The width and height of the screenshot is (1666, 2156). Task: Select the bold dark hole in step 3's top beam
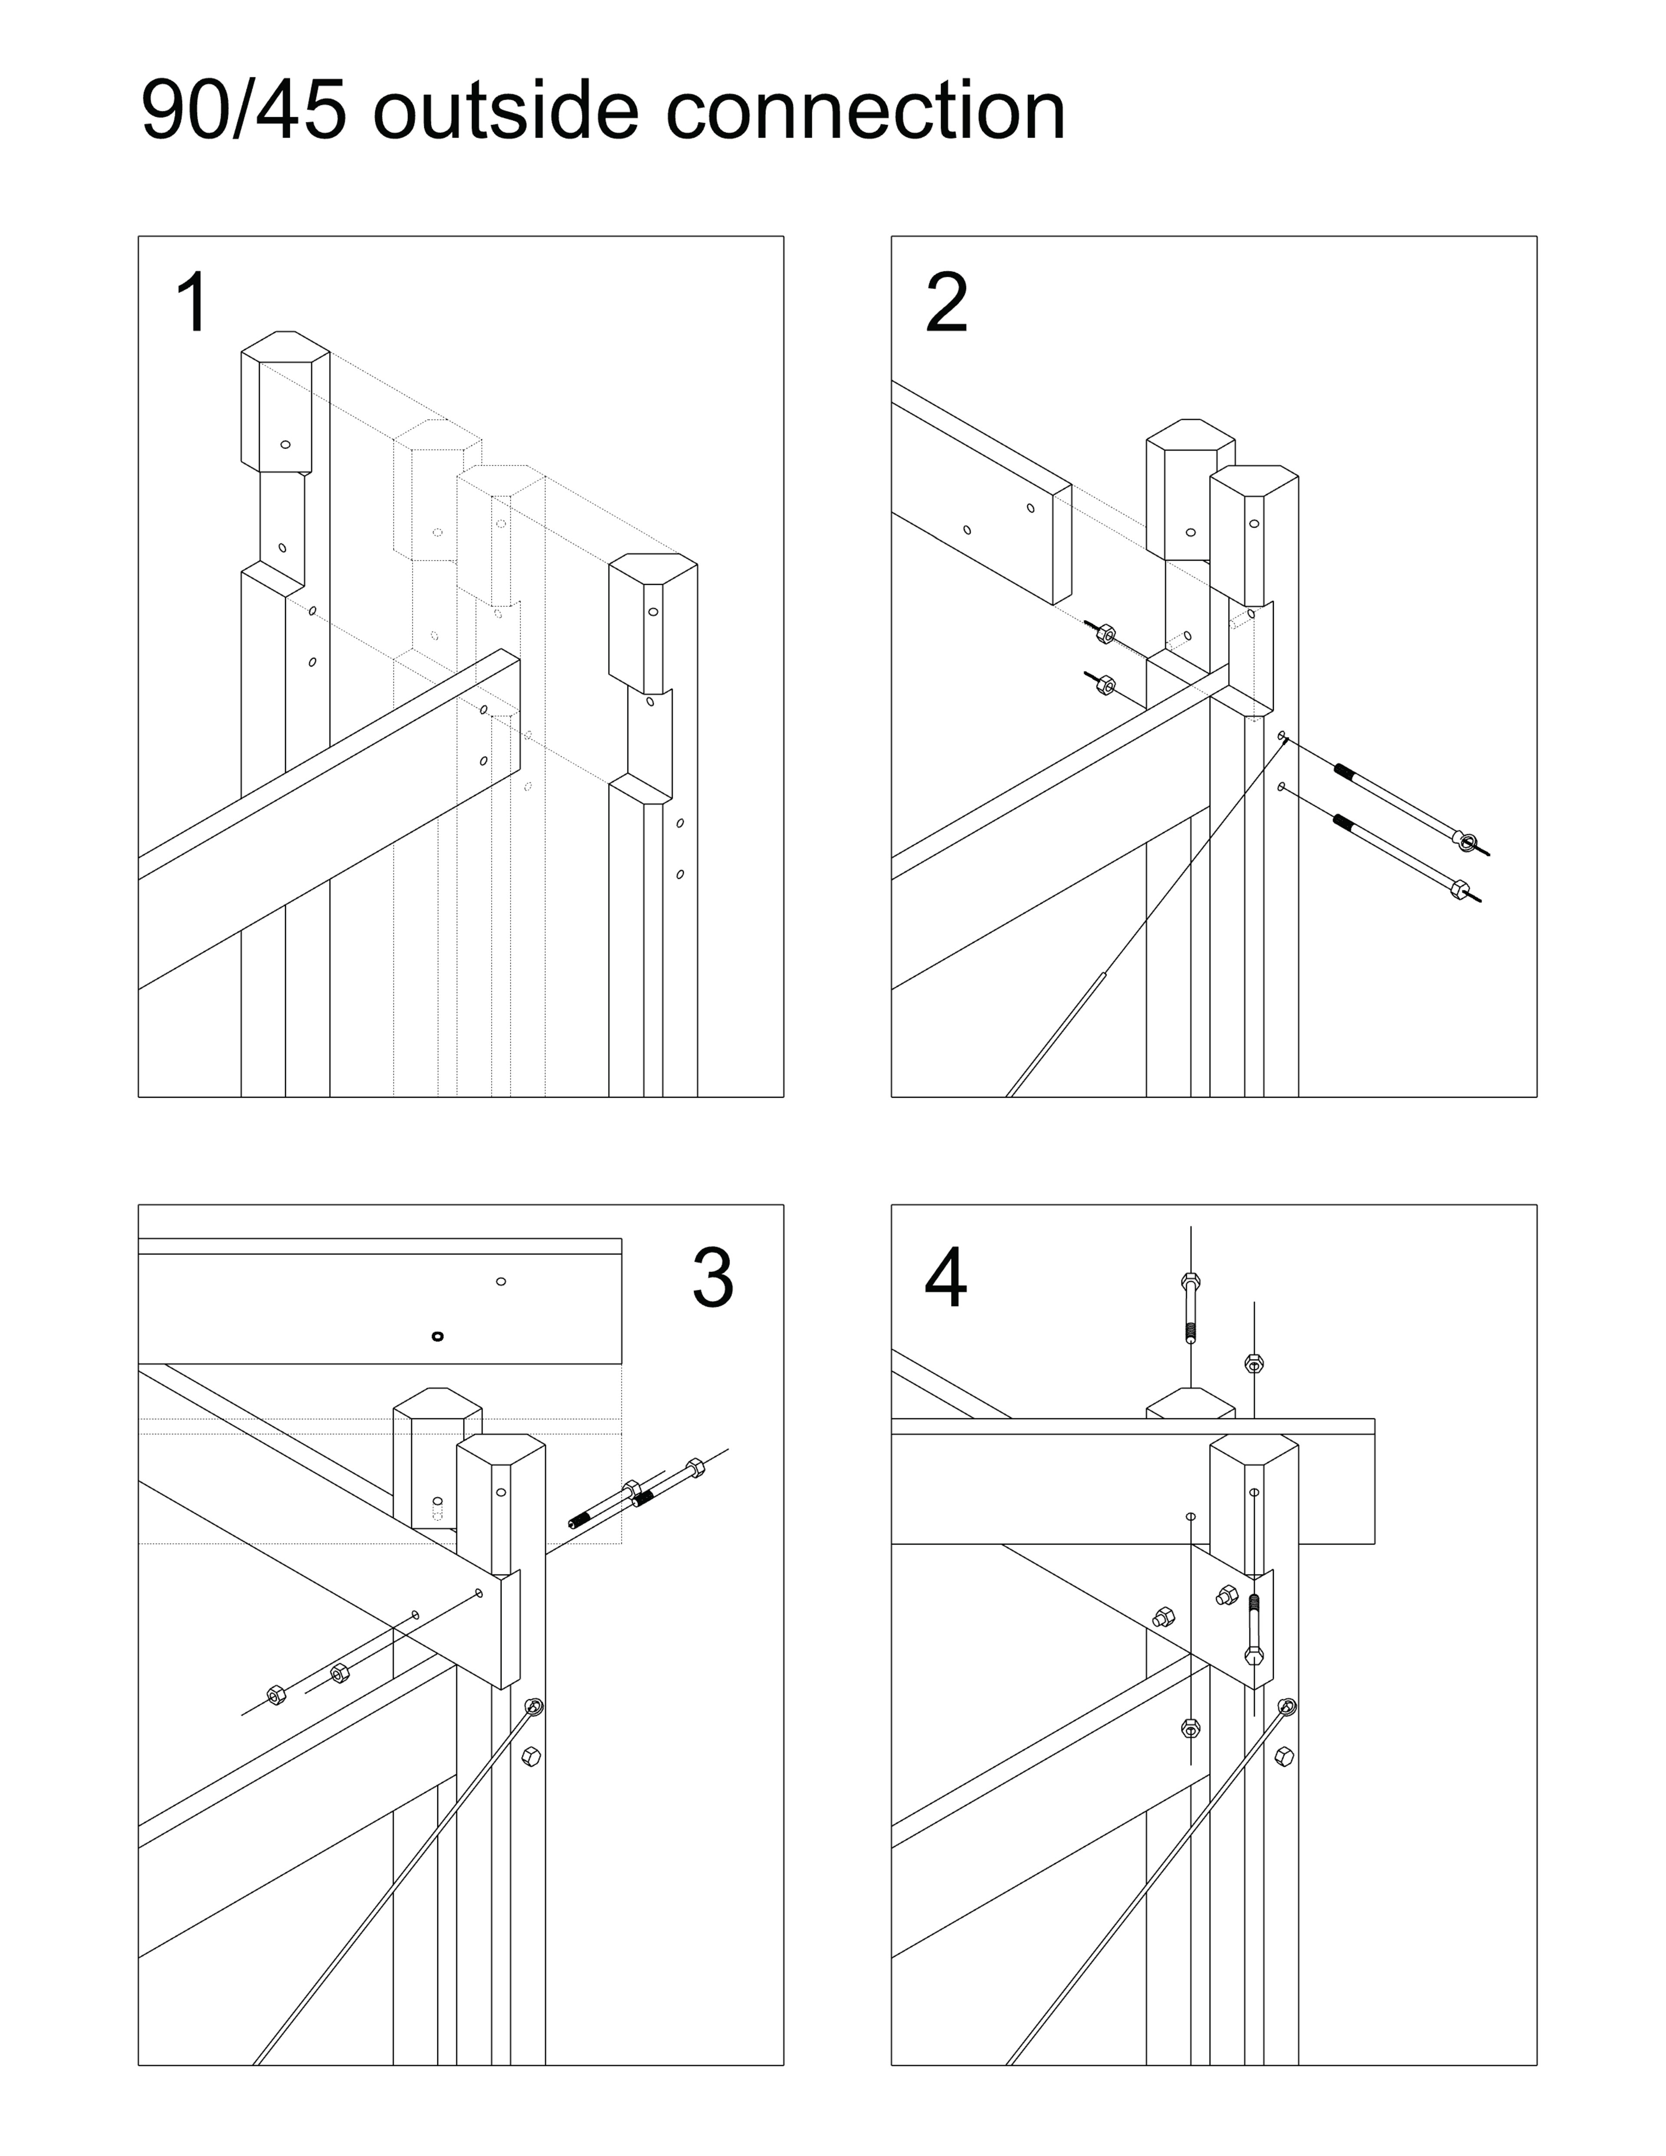tap(438, 1337)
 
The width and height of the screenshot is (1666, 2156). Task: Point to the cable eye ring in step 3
tap(535, 1707)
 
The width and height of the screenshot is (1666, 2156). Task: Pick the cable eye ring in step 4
tap(1288, 1707)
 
